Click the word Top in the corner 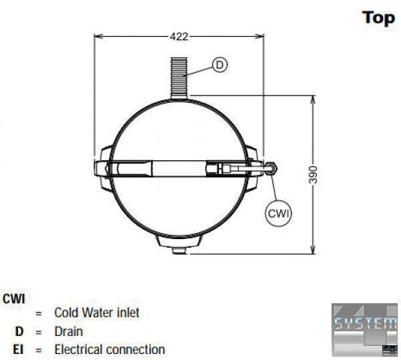tap(379, 19)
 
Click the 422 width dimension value tap(179, 37)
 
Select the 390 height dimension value tap(313, 175)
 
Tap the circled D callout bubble tap(220, 65)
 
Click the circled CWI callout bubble tap(279, 213)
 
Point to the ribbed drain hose tap(179, 78)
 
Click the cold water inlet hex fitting tap(271, 168)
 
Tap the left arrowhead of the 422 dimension tap(98, 37)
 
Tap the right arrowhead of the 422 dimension tap(259, 37)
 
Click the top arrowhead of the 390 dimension tap(313, 100)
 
